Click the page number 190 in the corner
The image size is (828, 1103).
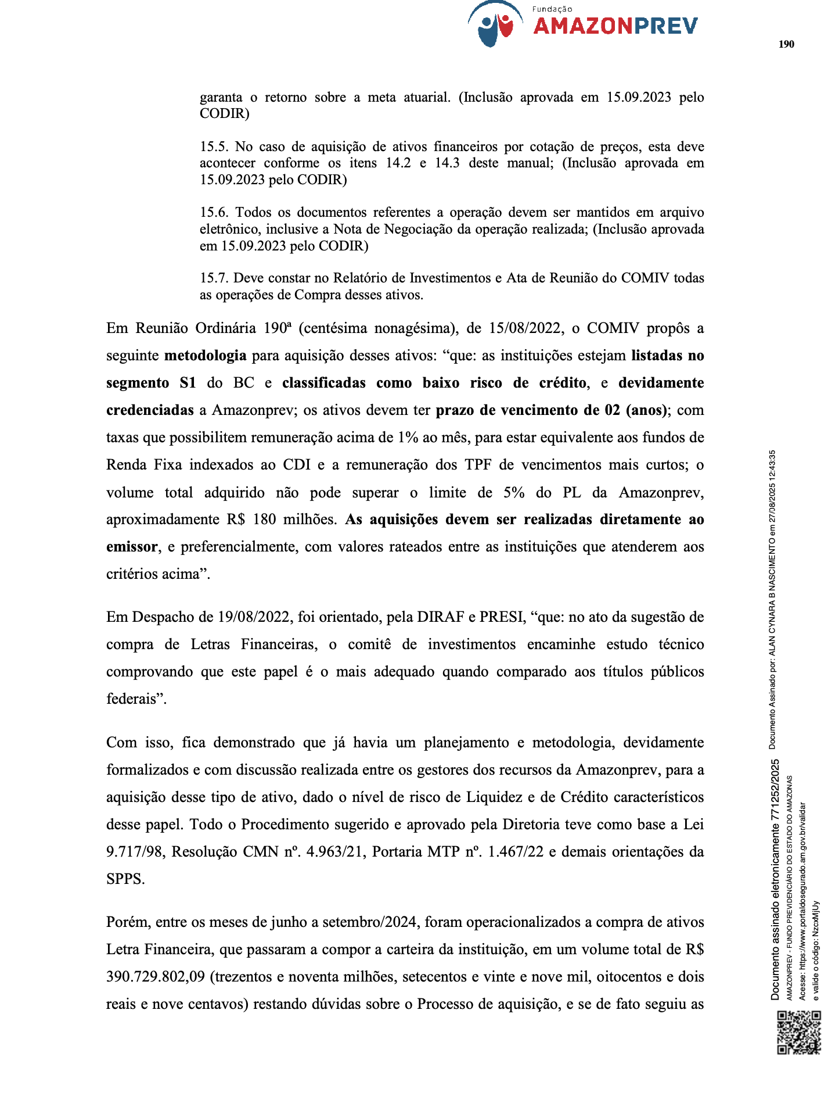786,44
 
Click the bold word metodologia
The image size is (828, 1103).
206,356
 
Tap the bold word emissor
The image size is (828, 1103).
132,547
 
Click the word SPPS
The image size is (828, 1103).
125,879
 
